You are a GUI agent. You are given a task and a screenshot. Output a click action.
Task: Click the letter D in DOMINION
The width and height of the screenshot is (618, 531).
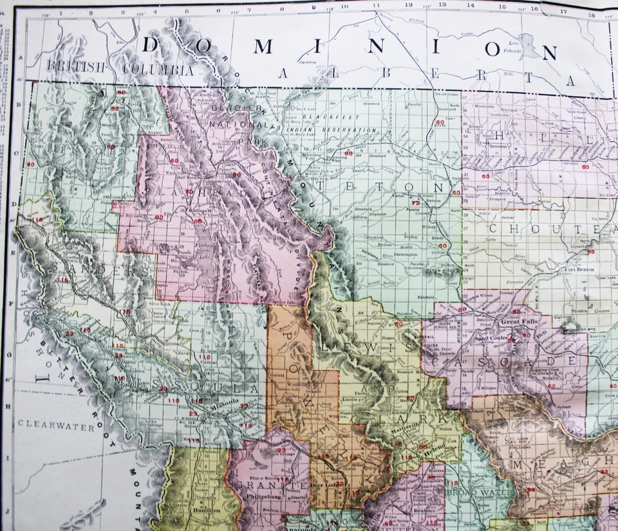[152, 46]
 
